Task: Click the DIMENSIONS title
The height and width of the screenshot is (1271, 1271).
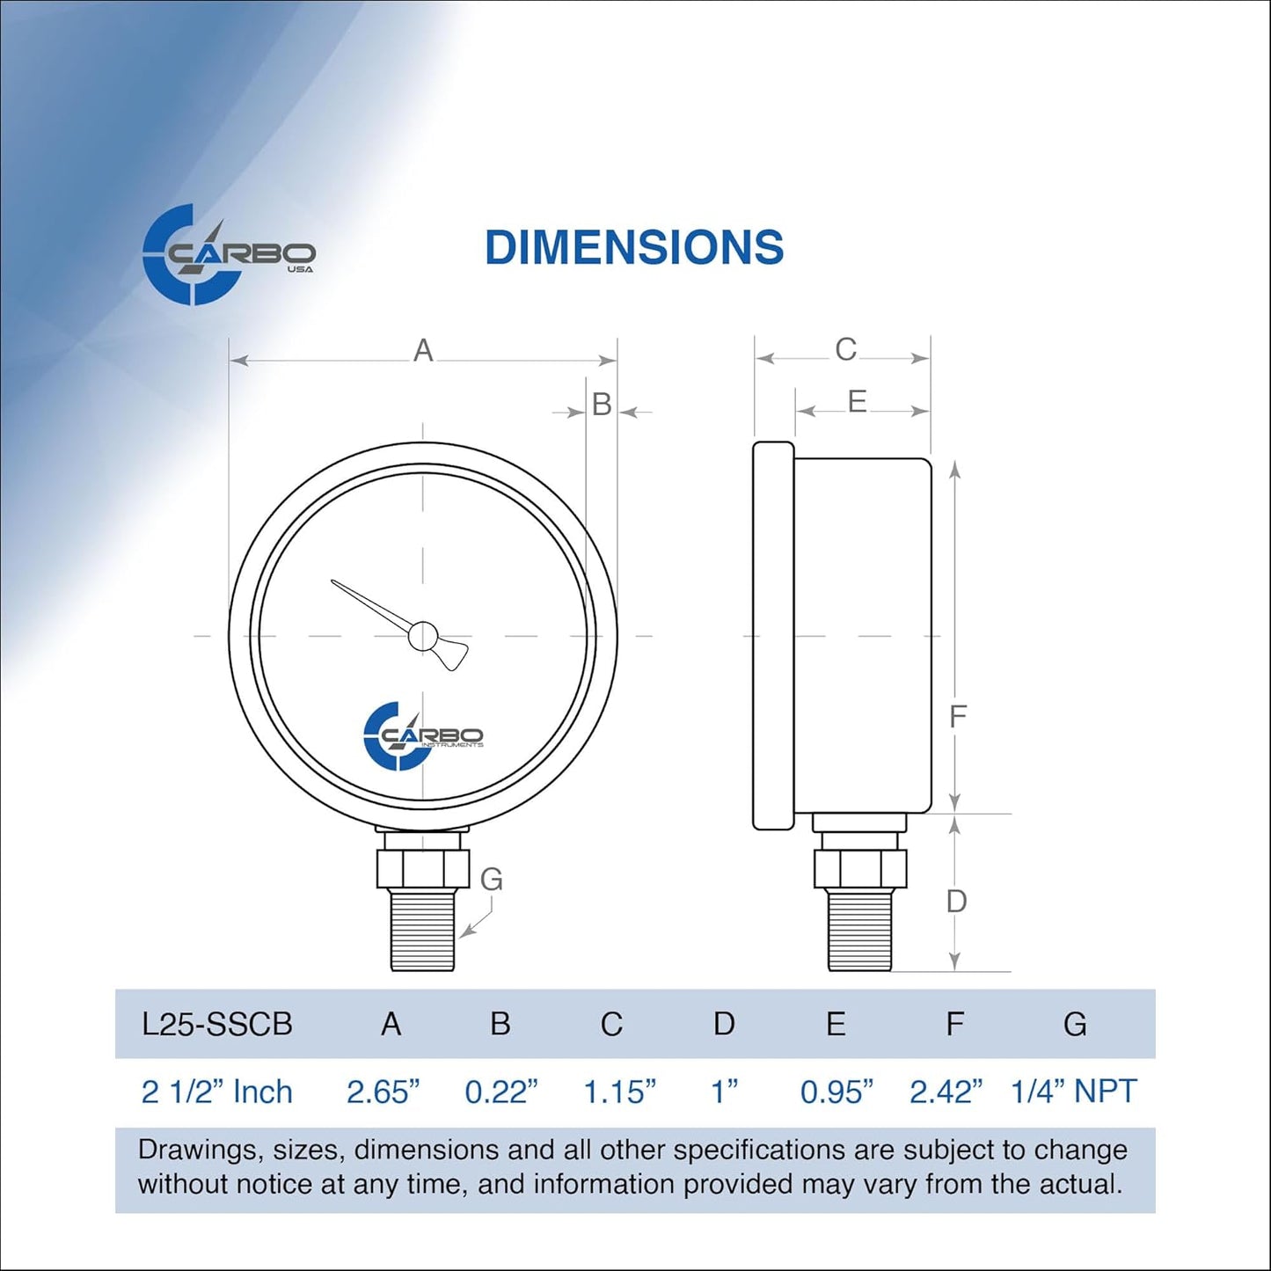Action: click(633, 247)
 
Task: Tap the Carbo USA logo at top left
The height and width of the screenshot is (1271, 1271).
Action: click(227, 255)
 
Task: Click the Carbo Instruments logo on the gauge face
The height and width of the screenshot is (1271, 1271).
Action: click(422, 736)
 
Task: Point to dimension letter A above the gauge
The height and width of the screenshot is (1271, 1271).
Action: click(423, 351)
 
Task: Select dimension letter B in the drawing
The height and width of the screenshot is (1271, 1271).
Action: click(602, 405)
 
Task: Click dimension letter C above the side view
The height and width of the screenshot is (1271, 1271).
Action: click(845, 350)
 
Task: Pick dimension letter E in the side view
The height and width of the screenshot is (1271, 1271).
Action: click(857, 402)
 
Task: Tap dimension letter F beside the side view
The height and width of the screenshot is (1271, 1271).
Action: click(958, 717)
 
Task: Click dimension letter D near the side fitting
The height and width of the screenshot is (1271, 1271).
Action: click(956, 902)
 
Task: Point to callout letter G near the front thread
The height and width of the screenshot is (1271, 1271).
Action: click(491, 879)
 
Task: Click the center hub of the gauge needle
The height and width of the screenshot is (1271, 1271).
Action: click(423, 636)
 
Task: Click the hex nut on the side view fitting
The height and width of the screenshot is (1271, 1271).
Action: click(859, 868)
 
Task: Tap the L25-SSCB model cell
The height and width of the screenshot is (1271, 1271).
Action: click(217, 1025)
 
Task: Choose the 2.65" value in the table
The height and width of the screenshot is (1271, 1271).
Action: click(383, 1092)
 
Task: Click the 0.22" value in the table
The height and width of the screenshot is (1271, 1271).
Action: click(500, 1092)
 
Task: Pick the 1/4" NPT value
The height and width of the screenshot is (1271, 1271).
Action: click(1073, 1092)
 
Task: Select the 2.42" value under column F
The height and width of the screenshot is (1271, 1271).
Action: click(946, 1092)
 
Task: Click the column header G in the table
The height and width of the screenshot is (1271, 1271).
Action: click(1074, 1025)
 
